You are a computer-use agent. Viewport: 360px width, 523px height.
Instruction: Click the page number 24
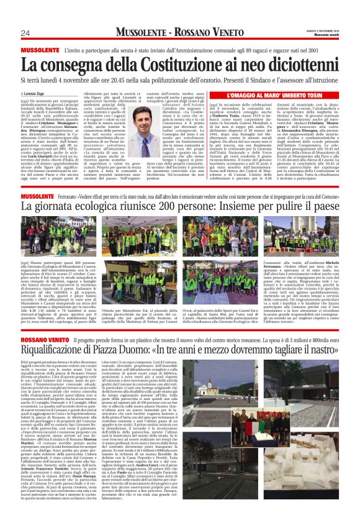(25, 33)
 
